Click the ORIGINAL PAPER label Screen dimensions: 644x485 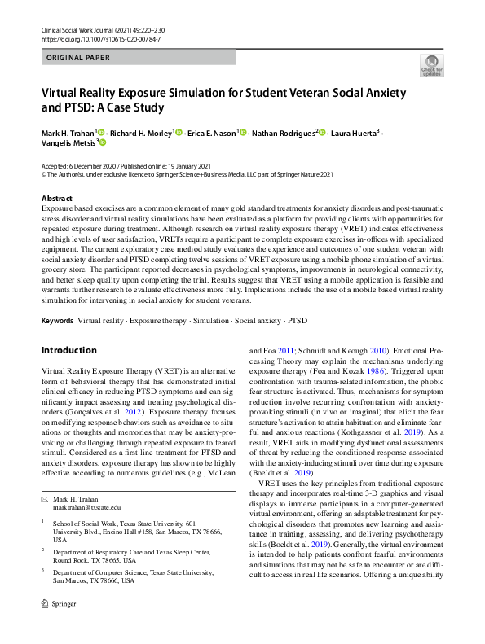point(77,58)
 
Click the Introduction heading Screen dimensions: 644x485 point(68,350)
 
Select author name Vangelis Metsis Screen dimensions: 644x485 point(67,142)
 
